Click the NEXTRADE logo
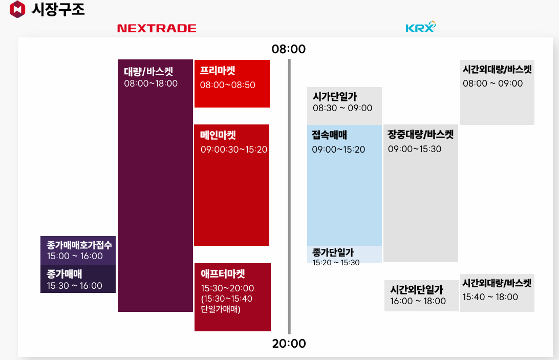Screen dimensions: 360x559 [x=157, y=28]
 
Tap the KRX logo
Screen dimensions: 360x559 [x=420, y=27]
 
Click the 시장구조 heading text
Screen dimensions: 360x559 [x=58, y=9]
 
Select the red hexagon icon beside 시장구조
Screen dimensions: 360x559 [x=17, y=9]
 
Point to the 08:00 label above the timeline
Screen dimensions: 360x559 [x=289, y=49]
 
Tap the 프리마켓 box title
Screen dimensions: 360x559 [x=218, y=71]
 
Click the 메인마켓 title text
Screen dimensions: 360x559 [x=218, y=136]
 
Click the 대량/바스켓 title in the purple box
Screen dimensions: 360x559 [x=148, y=71]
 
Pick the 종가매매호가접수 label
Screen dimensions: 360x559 [x=79, y=245]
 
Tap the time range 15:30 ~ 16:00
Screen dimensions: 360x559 [x=75, y=286]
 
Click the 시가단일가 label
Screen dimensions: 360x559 [x=335, y=96]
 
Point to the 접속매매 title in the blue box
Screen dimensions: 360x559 [x=330, y=136]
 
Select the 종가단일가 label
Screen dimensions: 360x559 [x=333, y=252]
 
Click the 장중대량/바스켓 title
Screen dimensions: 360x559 [x=421, y=135]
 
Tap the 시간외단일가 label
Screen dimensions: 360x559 [x=417, y=290]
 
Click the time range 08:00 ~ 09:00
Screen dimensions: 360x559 [x=492, y=83]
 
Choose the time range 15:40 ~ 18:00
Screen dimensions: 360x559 [x=490, y=297]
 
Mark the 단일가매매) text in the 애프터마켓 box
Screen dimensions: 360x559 [x=221, y=310]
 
